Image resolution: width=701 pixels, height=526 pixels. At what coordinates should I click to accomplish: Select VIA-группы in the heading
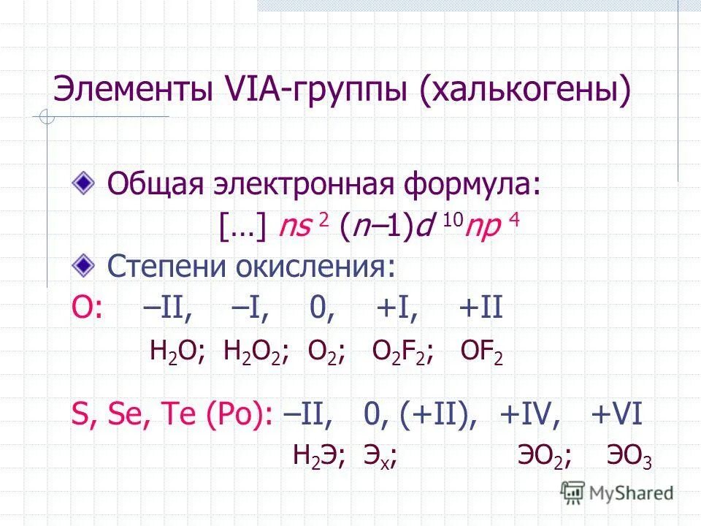(x=318, y=94)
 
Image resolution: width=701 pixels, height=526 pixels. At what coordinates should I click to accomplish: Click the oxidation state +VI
(x=616, y=415)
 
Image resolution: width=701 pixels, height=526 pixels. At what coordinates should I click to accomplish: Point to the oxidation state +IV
(x=530, y=415)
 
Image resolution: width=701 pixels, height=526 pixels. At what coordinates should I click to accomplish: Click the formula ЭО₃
(x=629, y=457)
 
